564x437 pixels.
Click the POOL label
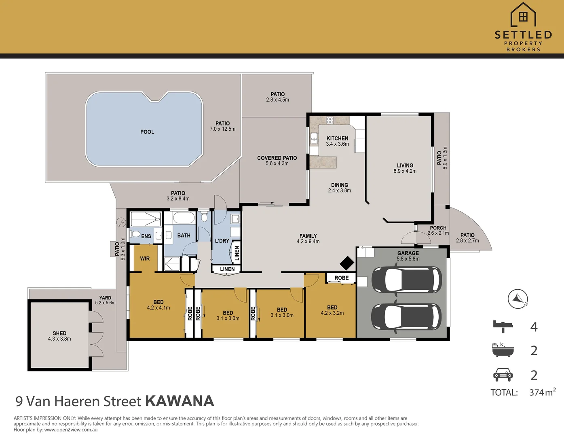[147, 132]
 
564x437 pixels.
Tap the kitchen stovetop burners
[330, 120]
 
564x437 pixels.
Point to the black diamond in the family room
[347, 263]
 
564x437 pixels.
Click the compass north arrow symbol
[518, 299]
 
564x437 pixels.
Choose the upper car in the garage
[407, 280]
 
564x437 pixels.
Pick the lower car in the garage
[407, 317]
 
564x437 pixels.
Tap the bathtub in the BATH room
[184, 218]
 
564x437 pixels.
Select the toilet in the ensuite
[135, 234]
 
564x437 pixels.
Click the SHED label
[59, 333]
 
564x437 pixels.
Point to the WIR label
[145, 259]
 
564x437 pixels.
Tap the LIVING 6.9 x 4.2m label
[405, 168]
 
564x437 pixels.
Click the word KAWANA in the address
[180, 401]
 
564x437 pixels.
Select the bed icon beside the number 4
[503, 327]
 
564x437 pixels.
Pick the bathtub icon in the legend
[503, 350]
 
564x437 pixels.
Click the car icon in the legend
[503, 375]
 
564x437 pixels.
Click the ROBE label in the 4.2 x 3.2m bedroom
[342, 278]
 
